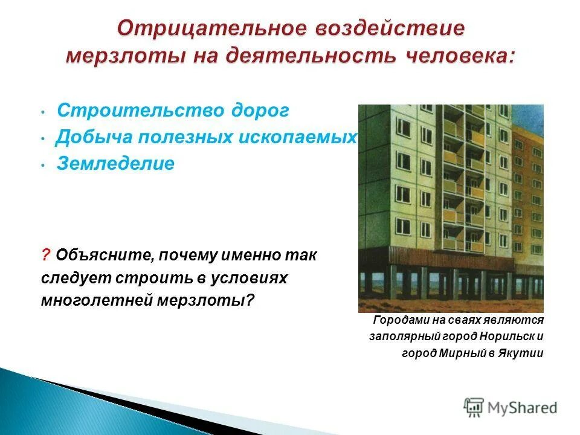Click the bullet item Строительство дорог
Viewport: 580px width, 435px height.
tap(173, 111)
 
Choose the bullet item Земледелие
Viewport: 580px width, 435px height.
tap(115, 164)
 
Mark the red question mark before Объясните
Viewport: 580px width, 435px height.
tap(45, 256)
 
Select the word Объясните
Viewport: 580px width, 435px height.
tap(103, 256)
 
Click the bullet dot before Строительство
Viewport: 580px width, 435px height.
tap(45, 112)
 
